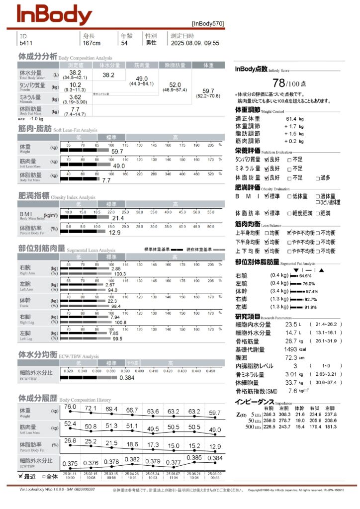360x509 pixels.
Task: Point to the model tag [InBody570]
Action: tap(208, 23)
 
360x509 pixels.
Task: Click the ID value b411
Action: tap(25, 43)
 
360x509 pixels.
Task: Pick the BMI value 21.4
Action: tap(118, 218)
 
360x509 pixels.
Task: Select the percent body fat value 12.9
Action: tap(115, 232)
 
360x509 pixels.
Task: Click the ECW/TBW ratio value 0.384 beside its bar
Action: tap(128, 378)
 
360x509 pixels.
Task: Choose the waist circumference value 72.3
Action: tap(292, 357)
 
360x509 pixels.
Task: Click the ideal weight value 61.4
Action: tap(292, 119)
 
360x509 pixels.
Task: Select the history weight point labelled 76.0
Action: tap(70, 407)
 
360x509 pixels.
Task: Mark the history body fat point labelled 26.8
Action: tap(70, 440)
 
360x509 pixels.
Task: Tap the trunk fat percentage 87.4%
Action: tap(312, 291)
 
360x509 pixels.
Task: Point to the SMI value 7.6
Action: tap(293, 391)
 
